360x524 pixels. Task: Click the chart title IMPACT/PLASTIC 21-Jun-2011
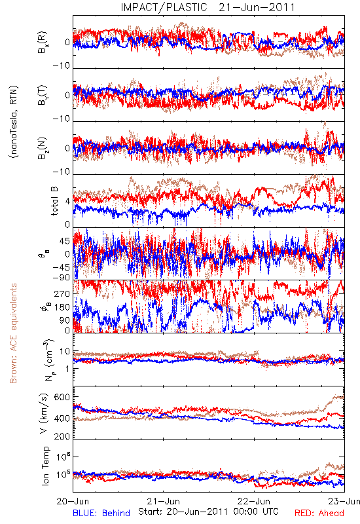point(207,7)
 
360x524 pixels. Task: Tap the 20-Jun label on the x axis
point(73,501)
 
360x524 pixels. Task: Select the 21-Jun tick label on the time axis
point(164,501)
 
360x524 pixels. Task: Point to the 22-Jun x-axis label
point(254,501)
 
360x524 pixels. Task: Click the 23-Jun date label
point(344,501)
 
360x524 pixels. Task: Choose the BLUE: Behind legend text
point(101,513)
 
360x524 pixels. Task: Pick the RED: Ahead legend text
point(319,513)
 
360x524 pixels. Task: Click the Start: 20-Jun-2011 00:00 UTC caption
point(208,512)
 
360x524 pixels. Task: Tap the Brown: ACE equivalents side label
point(13,333)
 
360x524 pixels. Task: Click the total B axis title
point(54,201)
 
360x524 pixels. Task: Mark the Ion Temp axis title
point(45,466)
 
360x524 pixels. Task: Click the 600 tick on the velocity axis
point(62,397)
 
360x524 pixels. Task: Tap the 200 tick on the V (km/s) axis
point(62,436)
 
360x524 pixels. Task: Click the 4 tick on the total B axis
point(68,202)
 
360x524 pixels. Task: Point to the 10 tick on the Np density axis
point(65,352)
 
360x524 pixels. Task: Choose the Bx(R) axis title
point(42,43)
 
